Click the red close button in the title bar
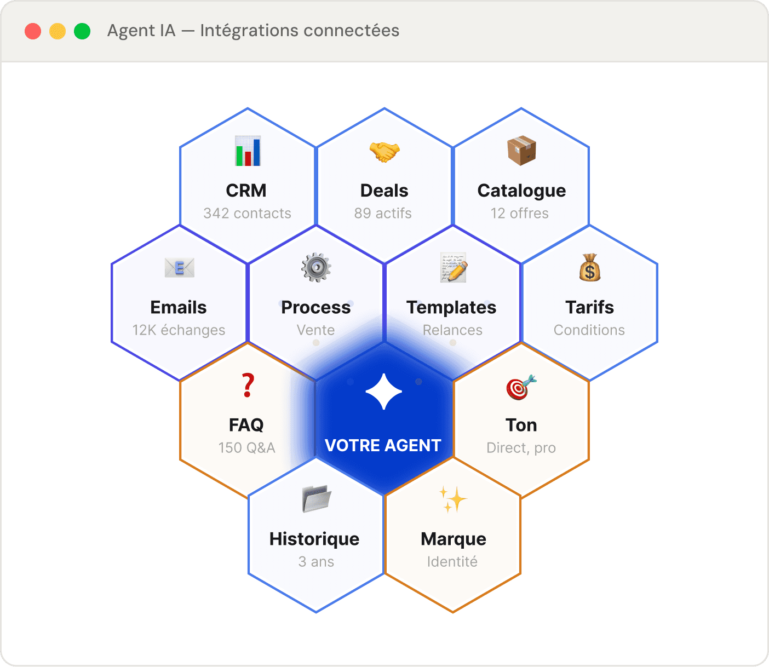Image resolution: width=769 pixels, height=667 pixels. [33, 31]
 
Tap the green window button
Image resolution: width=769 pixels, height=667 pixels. [82, 31]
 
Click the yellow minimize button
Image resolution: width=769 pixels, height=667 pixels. [58, 31]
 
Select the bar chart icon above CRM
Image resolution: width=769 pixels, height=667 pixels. [248, 151]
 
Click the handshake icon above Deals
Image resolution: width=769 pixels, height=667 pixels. [384, 151]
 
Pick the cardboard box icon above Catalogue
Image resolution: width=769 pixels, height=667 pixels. [521, 151]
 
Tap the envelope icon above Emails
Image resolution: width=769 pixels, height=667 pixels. [179, 268]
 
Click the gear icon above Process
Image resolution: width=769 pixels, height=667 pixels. [316, 268]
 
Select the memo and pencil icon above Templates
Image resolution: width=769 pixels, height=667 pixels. [453, 268]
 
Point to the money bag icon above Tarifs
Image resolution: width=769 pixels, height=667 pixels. [590, 268]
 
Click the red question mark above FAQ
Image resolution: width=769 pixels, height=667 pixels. [248, 386]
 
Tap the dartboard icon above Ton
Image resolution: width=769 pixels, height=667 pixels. [521, 387]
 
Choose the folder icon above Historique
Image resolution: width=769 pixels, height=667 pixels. [317, 499]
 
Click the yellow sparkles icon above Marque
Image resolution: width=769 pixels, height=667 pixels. [453, 499]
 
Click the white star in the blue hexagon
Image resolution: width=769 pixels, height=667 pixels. [384, 392]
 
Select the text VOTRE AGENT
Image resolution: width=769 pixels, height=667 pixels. [383, 446]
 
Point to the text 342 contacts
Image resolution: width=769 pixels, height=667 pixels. [248, 214]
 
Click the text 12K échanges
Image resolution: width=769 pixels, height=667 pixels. [179, 330]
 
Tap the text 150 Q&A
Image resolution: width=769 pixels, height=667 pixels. [247, 448]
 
